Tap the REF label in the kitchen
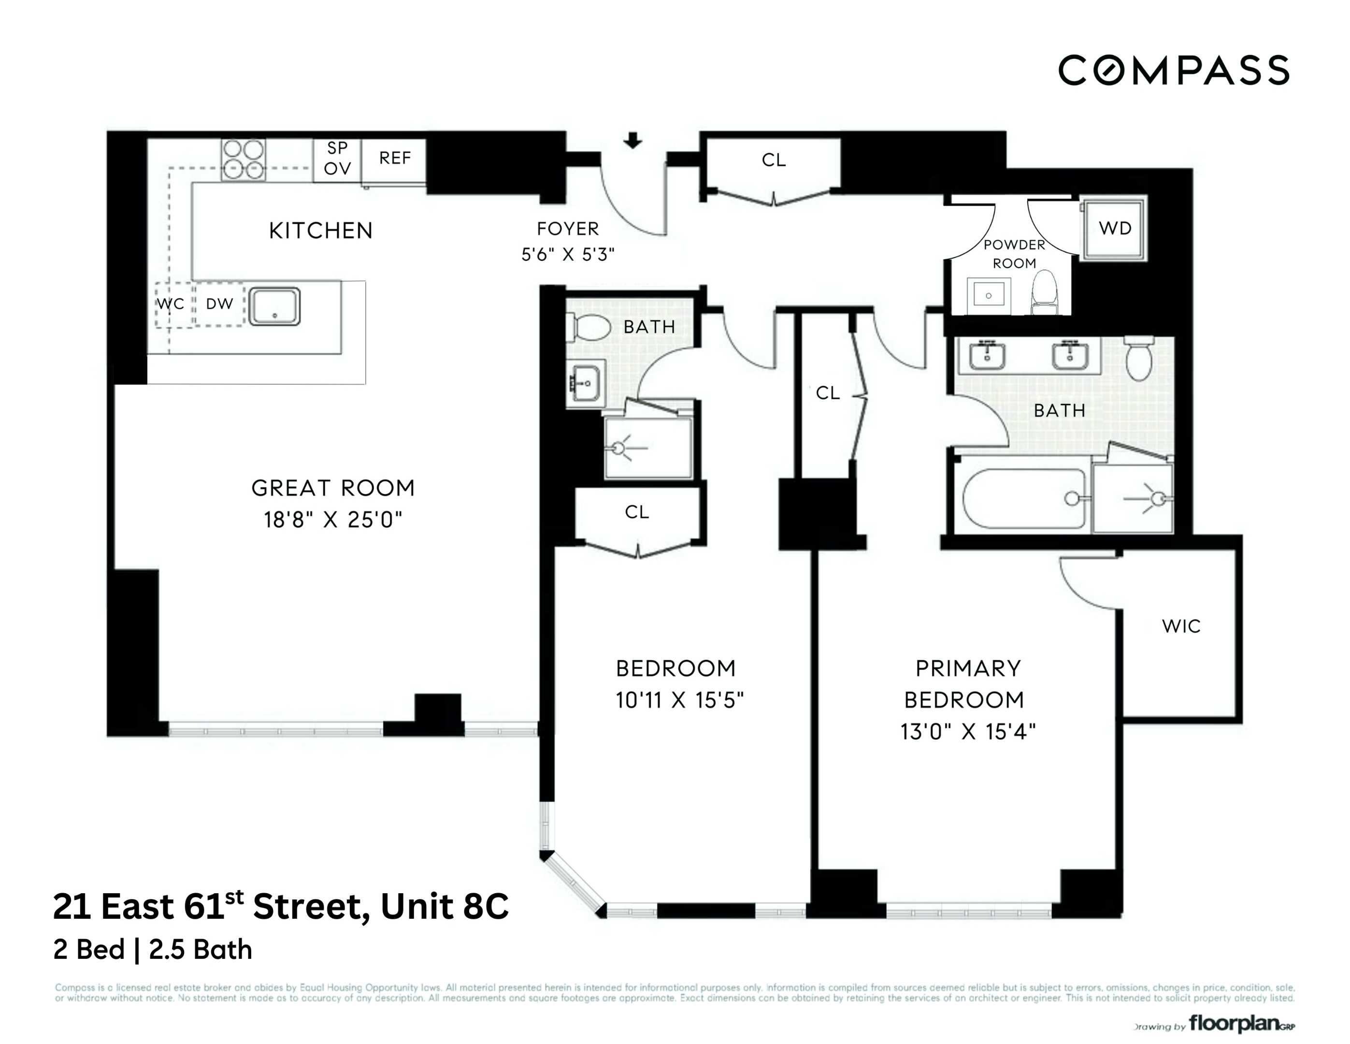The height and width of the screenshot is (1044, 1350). pos(394,159)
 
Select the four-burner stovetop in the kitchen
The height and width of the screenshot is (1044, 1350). pos(243,159)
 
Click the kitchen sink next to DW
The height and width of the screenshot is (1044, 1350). pos(274,305)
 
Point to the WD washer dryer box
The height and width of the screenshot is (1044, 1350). pos(1115,228)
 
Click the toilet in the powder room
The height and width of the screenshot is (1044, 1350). pos(1044,293)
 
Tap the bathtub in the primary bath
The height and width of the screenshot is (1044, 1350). pos(1023,498)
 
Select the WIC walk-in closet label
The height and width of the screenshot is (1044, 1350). pos(1180,626)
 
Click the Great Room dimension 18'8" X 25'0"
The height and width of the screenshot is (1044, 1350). pos(332,520)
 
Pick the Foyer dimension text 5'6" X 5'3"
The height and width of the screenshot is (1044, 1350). pos(567,254)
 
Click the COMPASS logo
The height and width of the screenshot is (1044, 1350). pos(1173,70)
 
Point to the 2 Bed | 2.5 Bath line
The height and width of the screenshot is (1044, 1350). pos(153,950)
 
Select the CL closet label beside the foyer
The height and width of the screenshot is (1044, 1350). pos(773,160)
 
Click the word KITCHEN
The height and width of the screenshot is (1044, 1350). pos(321,231)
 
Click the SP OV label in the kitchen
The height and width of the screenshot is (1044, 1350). pos(337,159)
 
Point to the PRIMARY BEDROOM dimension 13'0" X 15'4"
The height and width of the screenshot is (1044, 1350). pos(967,732)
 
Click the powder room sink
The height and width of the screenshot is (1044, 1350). pos(989,295)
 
